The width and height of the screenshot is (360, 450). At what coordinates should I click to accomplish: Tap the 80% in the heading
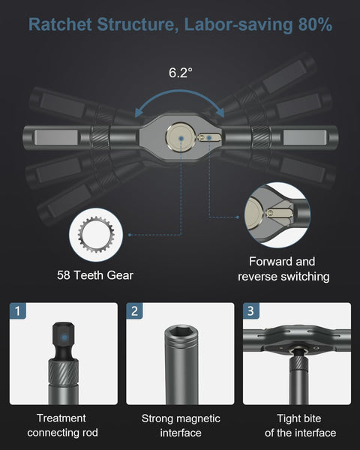[313, 25]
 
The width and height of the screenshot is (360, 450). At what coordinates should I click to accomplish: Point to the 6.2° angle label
[180, 73]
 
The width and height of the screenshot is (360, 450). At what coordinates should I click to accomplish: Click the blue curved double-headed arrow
[180, 101]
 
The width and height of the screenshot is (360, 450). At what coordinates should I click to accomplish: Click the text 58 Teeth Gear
[95, 275]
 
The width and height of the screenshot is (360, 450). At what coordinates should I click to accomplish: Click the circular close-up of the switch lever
[276, 214]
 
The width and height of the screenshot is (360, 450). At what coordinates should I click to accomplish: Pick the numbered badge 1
[20, 310]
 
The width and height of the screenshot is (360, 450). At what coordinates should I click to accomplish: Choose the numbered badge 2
[134, 310]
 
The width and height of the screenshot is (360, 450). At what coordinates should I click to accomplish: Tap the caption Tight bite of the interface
[295, 425]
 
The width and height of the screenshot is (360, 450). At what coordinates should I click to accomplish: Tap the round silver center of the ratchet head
[180, 138]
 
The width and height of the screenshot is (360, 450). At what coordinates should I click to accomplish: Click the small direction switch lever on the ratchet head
[208, 136]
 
